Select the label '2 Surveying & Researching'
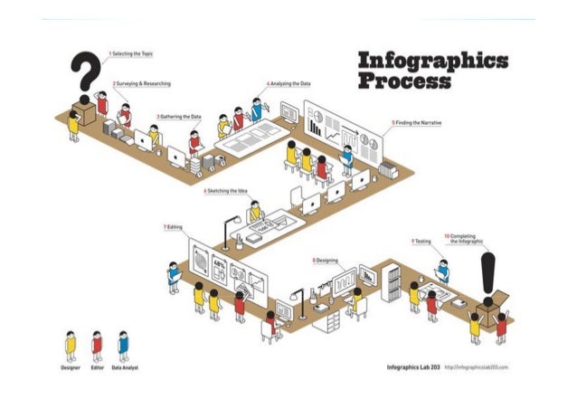click(142, 83)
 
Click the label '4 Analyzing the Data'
click(289, 82)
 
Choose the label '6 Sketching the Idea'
click(226, 192)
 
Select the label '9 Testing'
click(422, 242)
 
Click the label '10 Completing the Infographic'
click(463, 240)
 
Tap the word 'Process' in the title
click(403, 82)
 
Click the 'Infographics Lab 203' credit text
click(412, 367)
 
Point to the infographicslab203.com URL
click(477, 367)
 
